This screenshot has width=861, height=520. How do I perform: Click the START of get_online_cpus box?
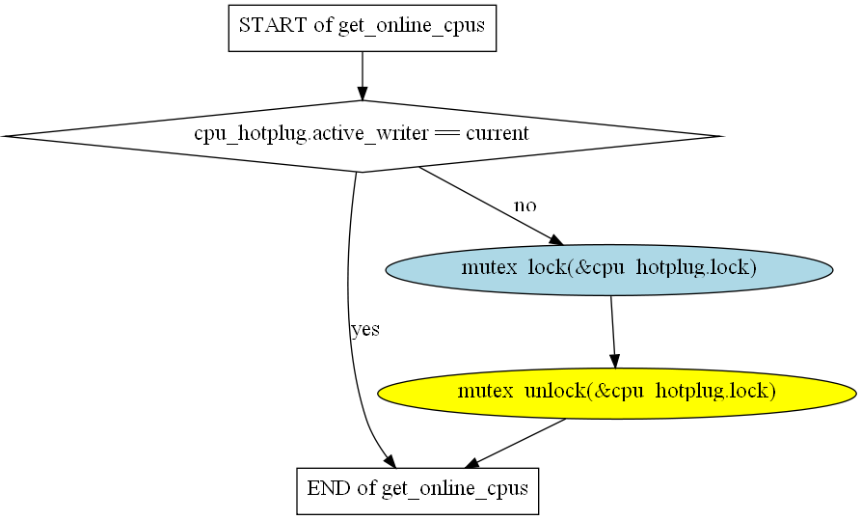click(363, 28)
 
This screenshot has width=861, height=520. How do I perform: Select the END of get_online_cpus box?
click(417, 491)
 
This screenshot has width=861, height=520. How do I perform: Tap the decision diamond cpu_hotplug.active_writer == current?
click(362, 136)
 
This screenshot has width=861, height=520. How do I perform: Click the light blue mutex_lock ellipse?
click(609, 270)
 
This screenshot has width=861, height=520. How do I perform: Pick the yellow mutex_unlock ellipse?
click(617, 393)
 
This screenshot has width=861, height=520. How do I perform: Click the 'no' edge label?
click(525, 205)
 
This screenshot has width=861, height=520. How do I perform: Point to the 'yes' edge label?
click(365, 330)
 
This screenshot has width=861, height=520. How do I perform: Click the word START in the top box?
click(273, 25)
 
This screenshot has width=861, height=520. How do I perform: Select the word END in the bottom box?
click(330, 487)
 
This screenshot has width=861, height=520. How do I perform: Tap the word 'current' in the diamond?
click(498, 133)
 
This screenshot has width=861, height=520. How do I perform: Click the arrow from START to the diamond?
click(362, 76)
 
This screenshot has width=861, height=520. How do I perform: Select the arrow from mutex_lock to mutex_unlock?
click(613, 332)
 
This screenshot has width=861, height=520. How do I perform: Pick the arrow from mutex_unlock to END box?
click(515, 444)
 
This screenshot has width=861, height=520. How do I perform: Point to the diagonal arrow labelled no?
click(491, 206)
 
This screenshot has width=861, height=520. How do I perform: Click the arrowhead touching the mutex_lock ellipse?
click(556, 240)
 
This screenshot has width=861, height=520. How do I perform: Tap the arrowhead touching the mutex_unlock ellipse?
click(615, 361)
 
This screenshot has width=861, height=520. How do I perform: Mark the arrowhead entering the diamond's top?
click(362, 94)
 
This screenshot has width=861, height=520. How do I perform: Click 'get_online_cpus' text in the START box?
click(412, 26)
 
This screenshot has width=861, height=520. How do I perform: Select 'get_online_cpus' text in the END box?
click(455, 489)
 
